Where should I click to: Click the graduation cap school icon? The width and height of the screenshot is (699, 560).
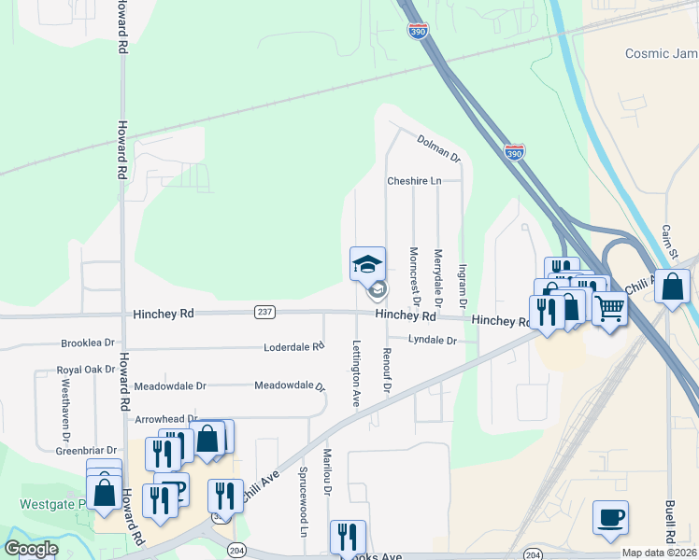pos(367,263)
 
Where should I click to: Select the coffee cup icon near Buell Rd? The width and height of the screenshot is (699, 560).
pos(610,517)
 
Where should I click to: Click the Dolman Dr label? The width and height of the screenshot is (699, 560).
pos(439,147)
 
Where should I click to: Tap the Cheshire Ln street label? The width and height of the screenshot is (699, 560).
pos(413,181)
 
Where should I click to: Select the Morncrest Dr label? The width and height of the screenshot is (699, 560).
pos(415,276)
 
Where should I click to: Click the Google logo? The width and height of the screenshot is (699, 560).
pos(31,549)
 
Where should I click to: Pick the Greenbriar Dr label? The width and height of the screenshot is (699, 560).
pos(86,450)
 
